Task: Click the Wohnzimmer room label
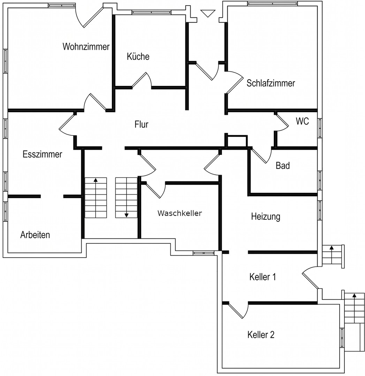pos(86,47)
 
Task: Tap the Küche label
pos(138,56)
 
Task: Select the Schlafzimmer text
pos(271,83)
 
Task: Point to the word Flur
pos(142,124)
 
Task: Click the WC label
pos(302,121)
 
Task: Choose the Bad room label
pos(283,165)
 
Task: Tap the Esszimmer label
pos(42,154)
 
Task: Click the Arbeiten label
pos(35,235)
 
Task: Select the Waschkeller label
pos(180,213)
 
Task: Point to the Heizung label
pos(266,217)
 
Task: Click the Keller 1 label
pos(263,277)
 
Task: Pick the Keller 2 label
pos(261,335)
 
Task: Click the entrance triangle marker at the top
pos(208,13)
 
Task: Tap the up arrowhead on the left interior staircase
pos(96,180)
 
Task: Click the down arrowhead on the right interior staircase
pos(126,215)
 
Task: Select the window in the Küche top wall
pos(151,12)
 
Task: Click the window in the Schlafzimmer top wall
pos(272,3)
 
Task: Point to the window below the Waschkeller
pos(203,253)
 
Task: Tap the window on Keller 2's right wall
pos(342,337)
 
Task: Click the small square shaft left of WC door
pos(237,141)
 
